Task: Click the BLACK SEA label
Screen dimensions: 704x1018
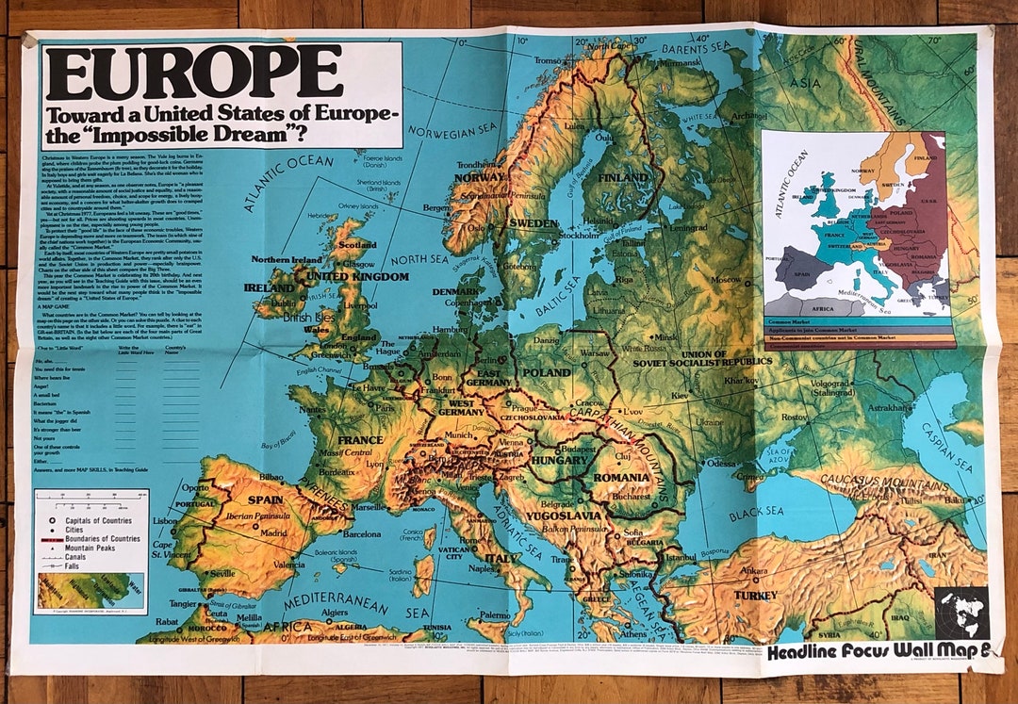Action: click(756, 511)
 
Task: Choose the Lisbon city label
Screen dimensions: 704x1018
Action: click(164, 521)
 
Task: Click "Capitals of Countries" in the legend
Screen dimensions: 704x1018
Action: click(97, 519)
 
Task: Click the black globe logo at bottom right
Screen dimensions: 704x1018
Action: click(961, 614)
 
